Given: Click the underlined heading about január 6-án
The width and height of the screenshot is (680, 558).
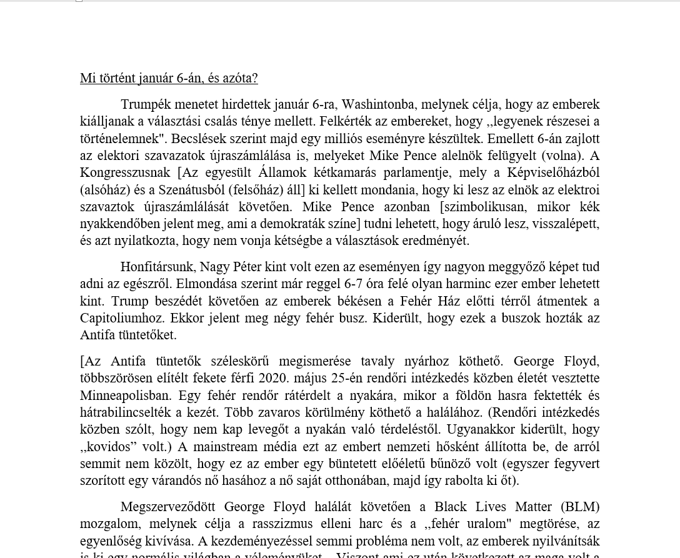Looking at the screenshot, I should click(169, 78).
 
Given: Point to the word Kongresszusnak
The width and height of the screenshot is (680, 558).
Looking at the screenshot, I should click(125, 172).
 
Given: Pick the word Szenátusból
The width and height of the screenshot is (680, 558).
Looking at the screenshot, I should click(191, 190).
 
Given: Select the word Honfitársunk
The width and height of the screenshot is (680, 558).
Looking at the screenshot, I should click(157, 267).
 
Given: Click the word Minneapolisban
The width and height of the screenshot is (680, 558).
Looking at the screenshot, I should click(125, 396).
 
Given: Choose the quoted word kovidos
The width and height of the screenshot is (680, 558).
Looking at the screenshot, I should click(109, 447).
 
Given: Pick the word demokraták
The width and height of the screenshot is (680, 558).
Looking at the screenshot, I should click(295, 224).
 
